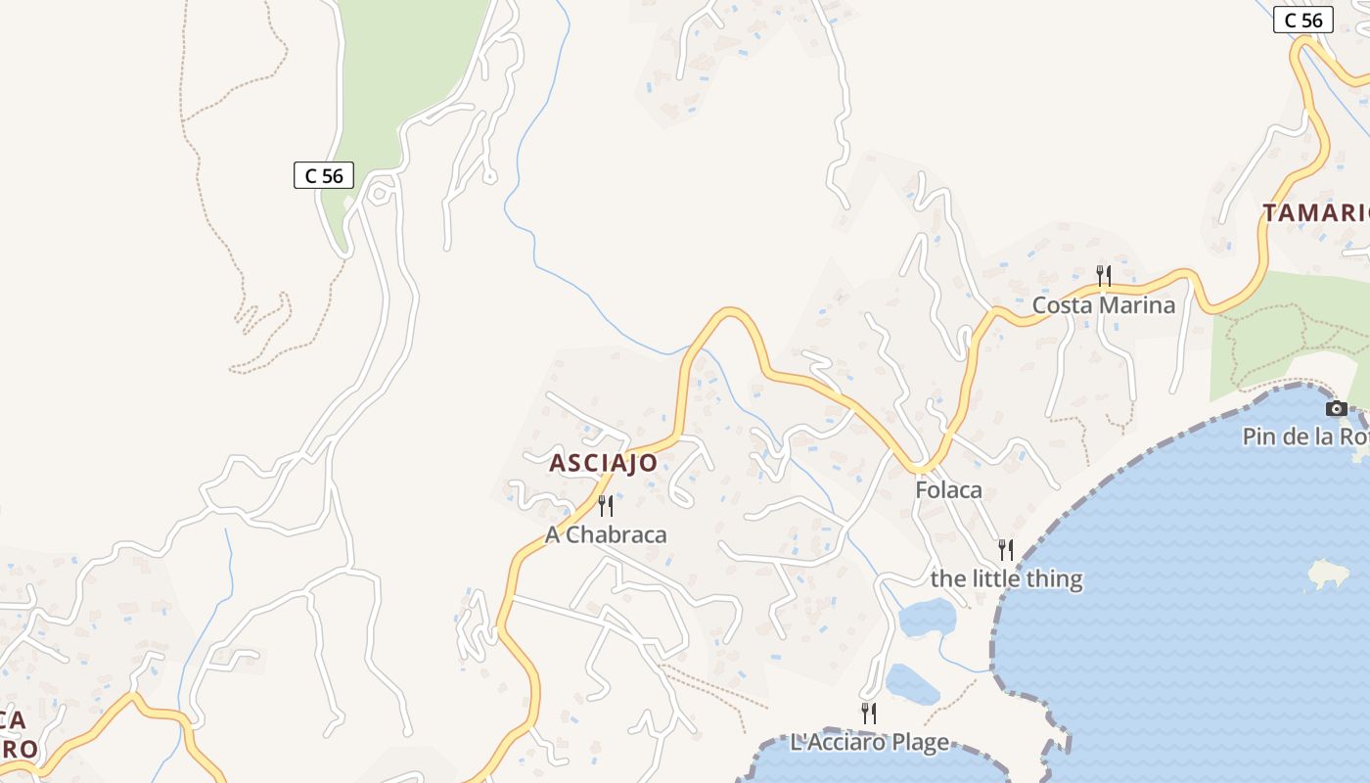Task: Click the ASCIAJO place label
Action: [603, 463]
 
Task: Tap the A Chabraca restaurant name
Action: [606, 534]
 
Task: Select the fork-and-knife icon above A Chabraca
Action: [606, 506]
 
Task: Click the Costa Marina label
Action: [1104, 305]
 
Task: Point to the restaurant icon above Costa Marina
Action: [1104, 275]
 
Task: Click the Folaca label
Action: [948, 490]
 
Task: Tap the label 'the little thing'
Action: [1006, 578]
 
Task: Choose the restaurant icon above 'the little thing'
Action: [1006, 549]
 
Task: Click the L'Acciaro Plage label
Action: [869, 743]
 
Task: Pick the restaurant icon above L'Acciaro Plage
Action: [868, 713]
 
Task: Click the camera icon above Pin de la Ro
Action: [1337, 408]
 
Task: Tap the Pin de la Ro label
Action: [1305, 437]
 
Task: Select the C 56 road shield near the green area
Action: [323, 175]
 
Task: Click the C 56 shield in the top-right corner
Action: [1302, 20]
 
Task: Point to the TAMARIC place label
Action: [1314, 212]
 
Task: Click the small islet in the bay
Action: [1328, 574]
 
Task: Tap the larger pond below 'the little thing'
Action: [927, 618]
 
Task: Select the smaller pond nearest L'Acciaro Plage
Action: [911, 684]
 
